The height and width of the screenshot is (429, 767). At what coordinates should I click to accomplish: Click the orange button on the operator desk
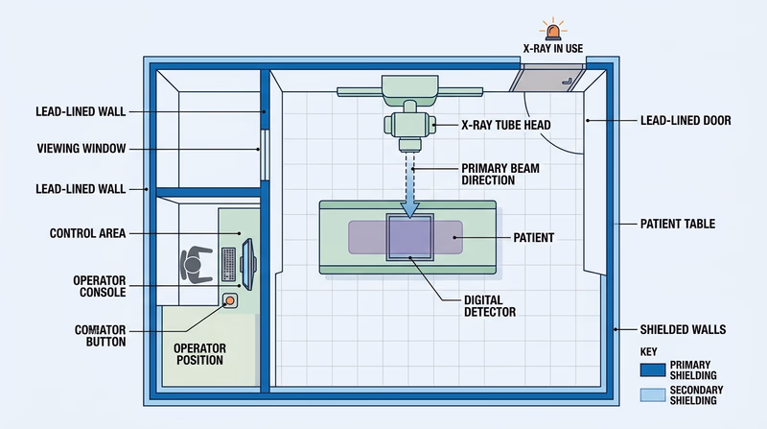pyautogui.click(x=231, y=301)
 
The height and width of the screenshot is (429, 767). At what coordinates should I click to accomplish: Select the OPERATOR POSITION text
pyautogui.click(x=199, y=353)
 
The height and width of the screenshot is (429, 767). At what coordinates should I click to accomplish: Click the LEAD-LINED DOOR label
pyautogui.click(x=685, y=121)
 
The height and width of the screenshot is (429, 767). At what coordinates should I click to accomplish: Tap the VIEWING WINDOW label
pyautogui.click(x=81, y=149)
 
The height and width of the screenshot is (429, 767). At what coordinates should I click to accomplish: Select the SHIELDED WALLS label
pyautogui.click(x=683, y=329)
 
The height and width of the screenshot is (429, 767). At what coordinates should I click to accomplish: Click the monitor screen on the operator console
pyautogui.click(x=248, y=260)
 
